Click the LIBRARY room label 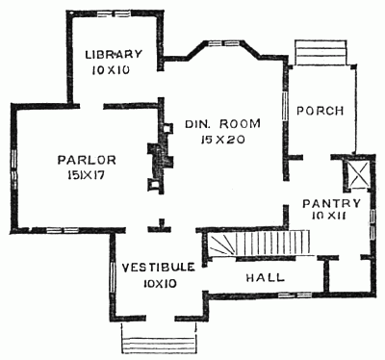coord(114,53)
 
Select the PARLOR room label coord(61,159)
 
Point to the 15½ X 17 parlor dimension coord(62,176)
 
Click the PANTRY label coord(330,203)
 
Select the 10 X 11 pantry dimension coord(330,219)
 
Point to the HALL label coord(265,276)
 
